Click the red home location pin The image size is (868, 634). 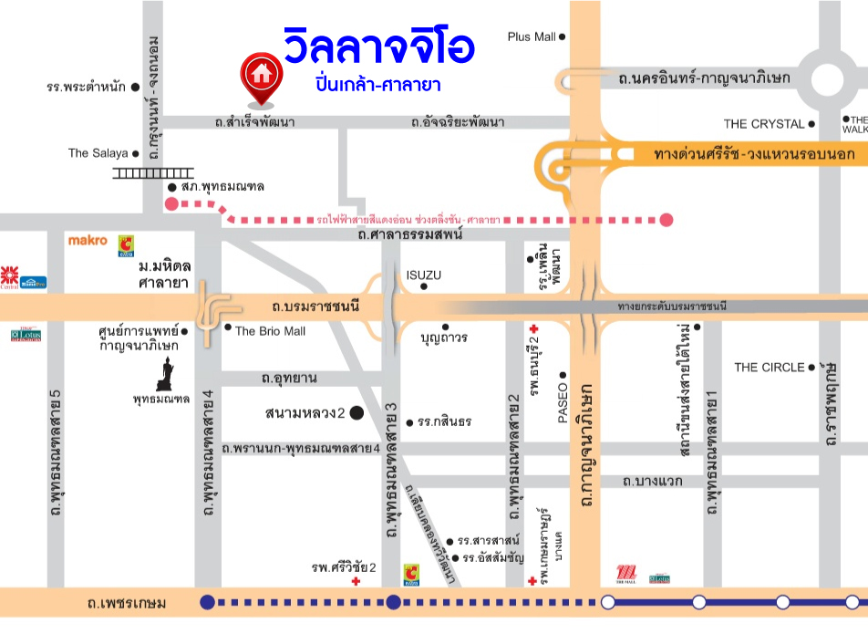261,76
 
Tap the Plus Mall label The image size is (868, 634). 532,36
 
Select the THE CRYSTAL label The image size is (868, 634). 764,124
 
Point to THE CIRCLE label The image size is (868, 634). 770,368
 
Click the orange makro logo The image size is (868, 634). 88,241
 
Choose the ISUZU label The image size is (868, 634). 424,275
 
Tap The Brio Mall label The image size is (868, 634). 270,331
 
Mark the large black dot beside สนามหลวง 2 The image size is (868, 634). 356,413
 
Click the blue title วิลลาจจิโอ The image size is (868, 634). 377,47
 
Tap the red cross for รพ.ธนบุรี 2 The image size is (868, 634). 532,328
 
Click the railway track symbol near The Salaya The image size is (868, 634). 153,172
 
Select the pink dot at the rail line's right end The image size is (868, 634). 666,219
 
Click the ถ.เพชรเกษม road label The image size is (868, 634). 126,603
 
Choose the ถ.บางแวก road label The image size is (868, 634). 653,481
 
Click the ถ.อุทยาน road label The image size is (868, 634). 289,378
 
